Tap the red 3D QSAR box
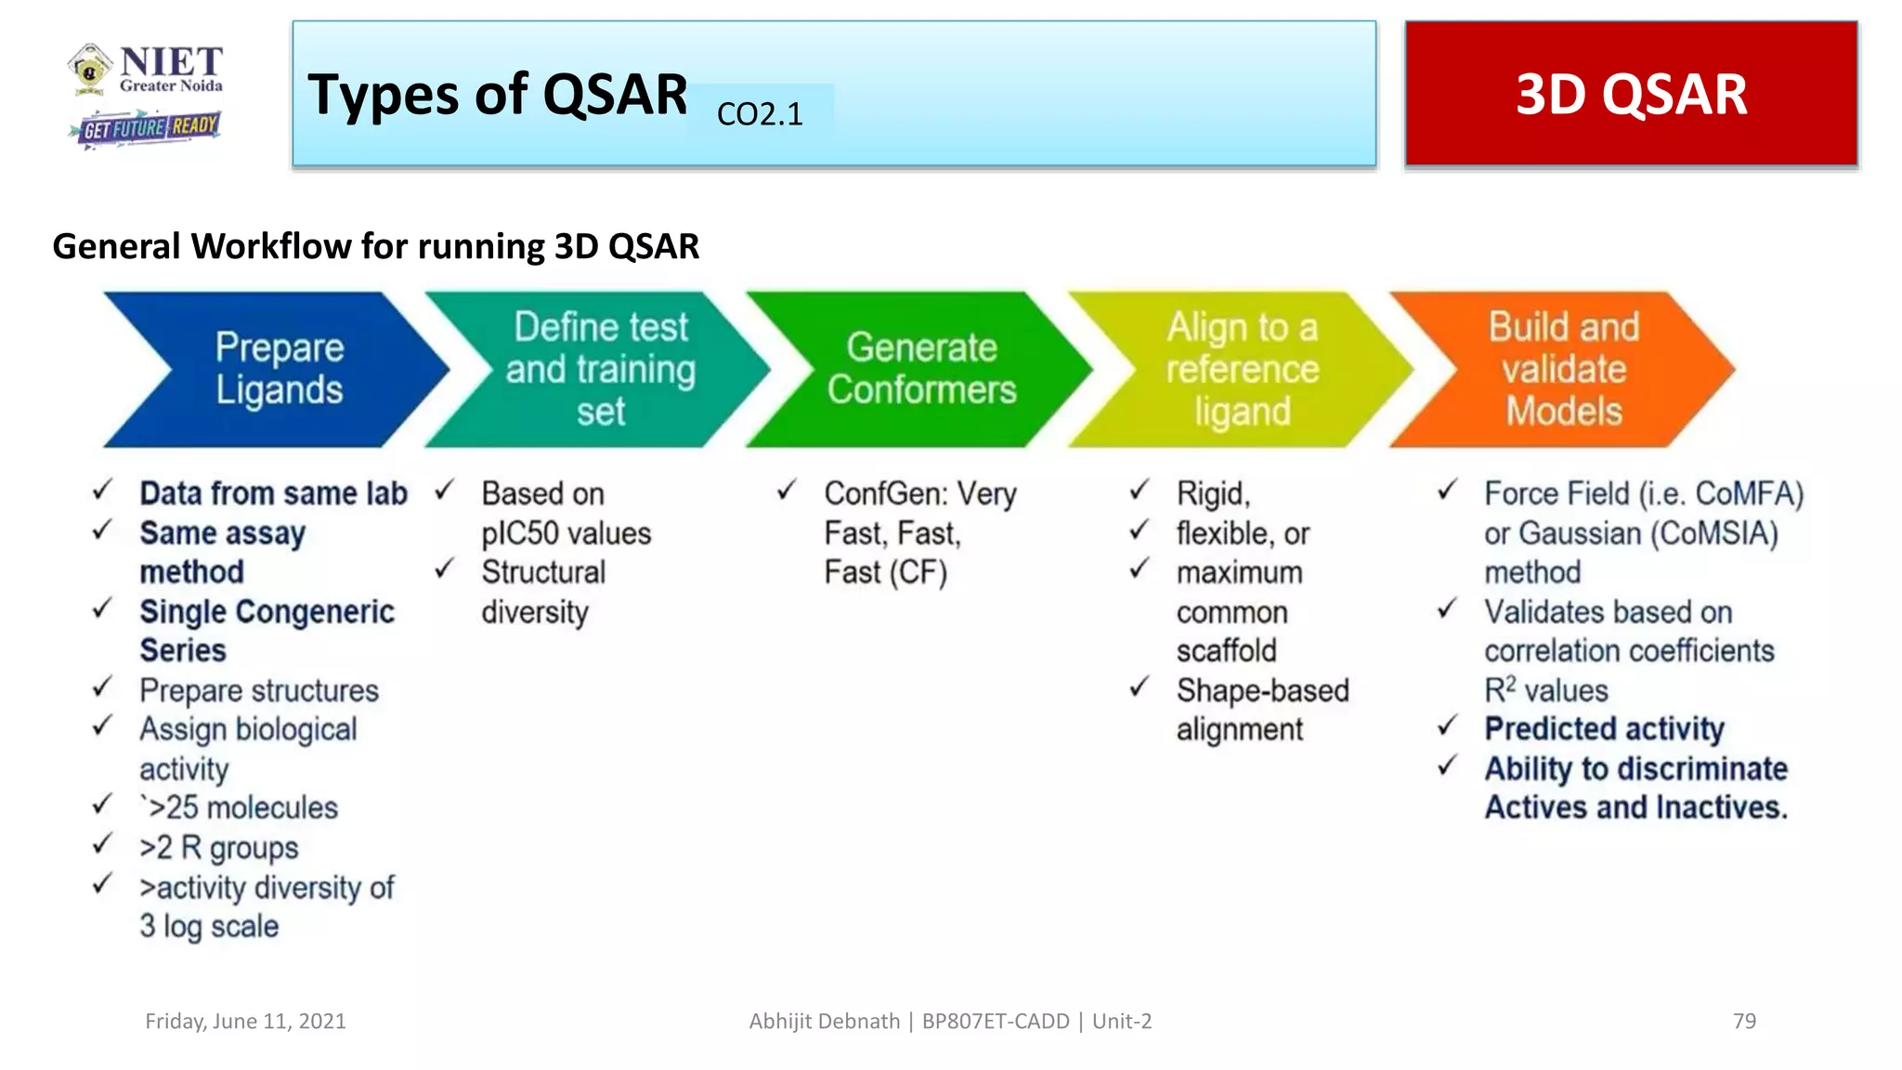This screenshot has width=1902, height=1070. (x=1631, y=94)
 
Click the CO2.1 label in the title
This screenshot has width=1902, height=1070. (x=760, y=114)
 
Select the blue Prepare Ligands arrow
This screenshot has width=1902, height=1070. (x=279, y=370)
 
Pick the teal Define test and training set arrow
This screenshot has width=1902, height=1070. (x=600, y=370)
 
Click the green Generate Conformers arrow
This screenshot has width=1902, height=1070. (x=921, y=370)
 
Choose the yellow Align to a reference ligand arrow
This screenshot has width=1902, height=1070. (x=1242, y=370)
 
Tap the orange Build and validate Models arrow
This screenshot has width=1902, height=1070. (x=1563, y=370)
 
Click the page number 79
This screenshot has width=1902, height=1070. (x=1744, y=1021)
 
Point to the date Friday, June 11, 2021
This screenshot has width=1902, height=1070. (x=245, y=1021)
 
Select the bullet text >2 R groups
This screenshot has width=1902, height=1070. (x=219, y=848)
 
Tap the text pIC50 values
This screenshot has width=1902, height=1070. (x=566, y=533)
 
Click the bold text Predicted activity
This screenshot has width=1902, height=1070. (x=1604, y=729)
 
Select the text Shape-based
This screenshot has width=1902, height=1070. (x=1262, y=690)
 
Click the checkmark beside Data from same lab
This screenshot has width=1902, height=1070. (x=102, y=490)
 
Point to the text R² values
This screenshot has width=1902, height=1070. (x=1545, y=690)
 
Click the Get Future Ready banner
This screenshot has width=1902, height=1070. (x=146, y=127)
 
